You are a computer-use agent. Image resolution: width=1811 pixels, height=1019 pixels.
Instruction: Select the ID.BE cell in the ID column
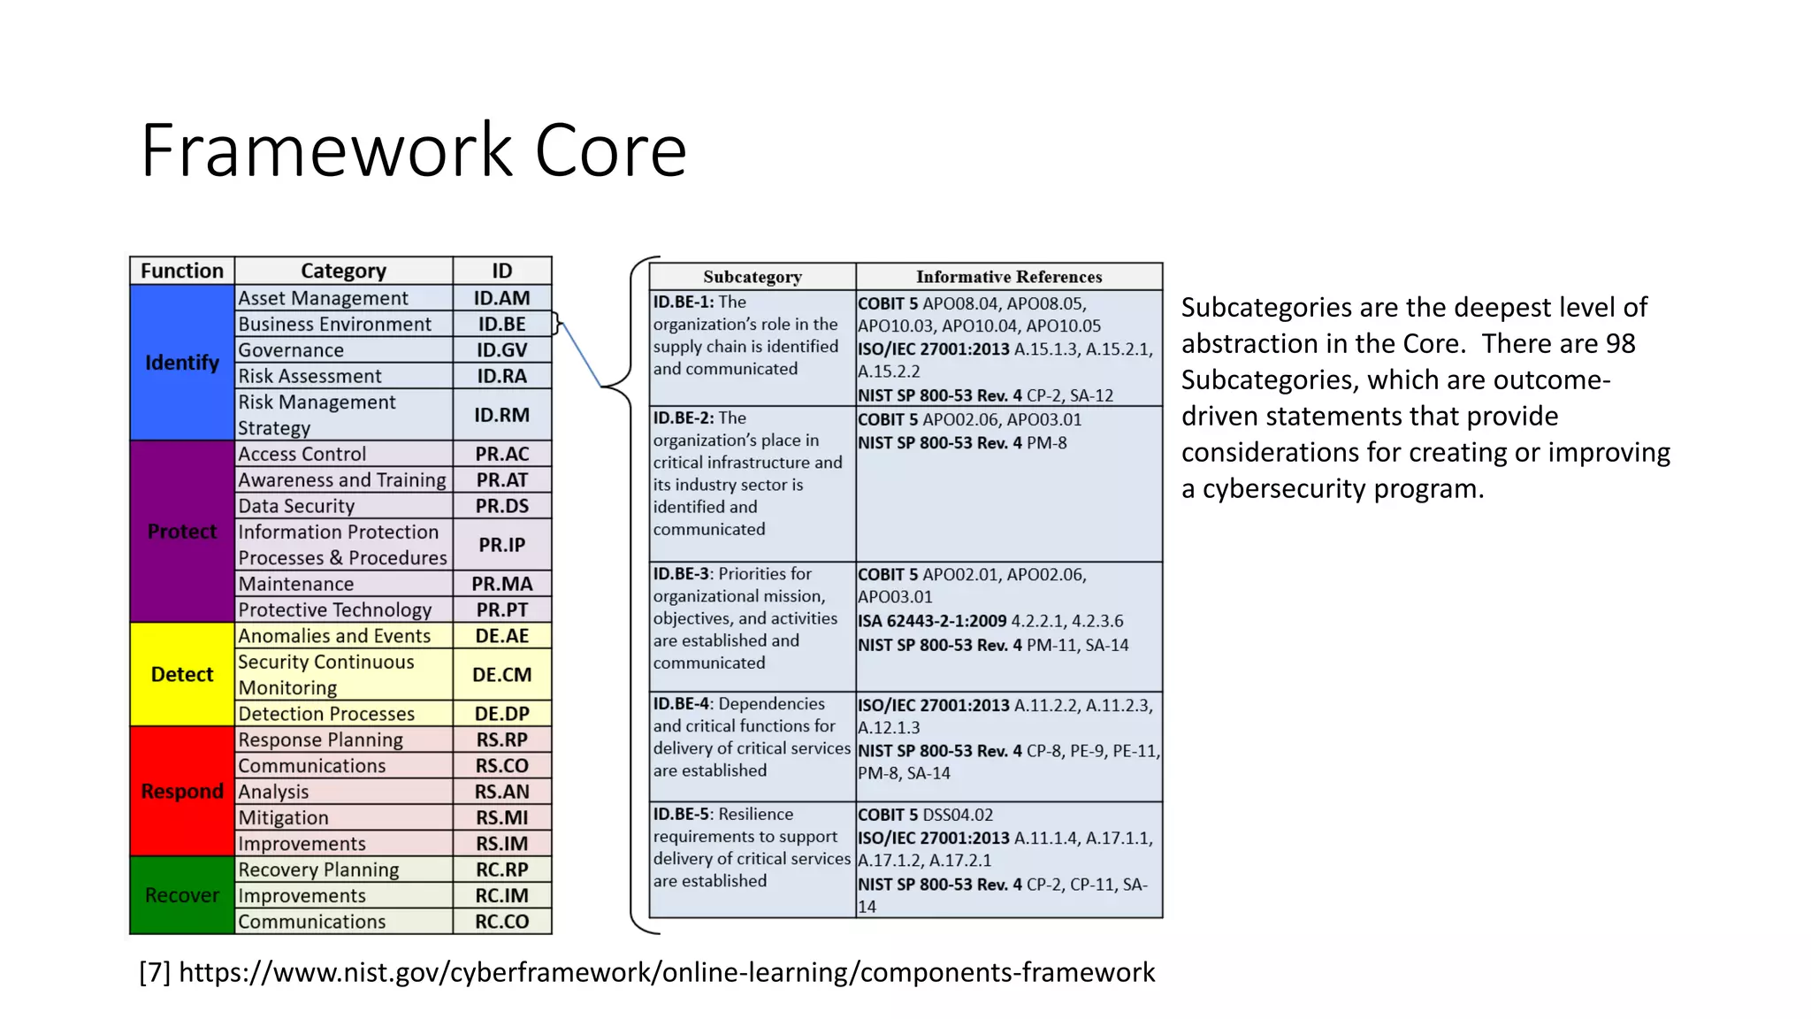point(501,324)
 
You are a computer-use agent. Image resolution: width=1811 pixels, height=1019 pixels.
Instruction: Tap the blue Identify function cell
point(182,363)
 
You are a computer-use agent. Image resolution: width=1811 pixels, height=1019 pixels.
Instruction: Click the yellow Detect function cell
point(182,674)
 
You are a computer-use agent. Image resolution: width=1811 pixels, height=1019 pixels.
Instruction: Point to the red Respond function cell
point(182,791)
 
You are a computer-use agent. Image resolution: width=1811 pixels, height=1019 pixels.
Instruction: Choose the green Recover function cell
point(182,895)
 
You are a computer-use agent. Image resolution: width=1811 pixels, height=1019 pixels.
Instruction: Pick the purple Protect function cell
point(182,532)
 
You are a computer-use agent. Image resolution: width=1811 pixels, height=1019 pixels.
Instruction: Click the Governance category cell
point(343,350)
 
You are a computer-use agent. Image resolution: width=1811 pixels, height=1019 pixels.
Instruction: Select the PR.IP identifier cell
point(501,545)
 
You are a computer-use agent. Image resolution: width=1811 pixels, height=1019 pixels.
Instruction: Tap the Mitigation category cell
point(343,817)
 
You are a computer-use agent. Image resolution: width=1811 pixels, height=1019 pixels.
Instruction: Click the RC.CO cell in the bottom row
point(501,922)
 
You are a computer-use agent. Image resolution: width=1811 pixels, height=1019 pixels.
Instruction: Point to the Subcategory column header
point(753,277)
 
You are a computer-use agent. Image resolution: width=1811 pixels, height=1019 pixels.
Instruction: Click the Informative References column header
point(1009,277)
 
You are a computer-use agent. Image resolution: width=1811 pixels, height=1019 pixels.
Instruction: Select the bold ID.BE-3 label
point(681,574)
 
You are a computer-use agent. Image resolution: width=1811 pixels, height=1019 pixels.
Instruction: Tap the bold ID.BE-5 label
point(681,814)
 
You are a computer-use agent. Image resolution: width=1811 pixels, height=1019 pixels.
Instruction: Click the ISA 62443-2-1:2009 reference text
point(932,621)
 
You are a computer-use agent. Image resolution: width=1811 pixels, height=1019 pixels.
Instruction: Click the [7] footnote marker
point(155,972)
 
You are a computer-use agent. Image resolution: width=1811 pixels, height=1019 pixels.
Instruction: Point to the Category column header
point(343,271)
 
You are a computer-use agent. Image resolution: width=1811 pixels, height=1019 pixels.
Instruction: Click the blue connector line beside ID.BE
point(581,355)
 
